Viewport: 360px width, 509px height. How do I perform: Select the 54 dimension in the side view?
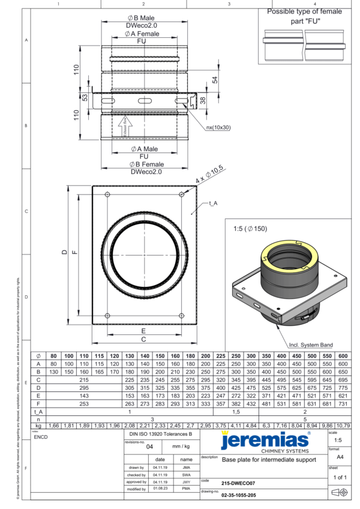click(x=214, y=79)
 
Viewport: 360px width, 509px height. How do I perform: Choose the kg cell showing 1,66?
click(x=53, y=426)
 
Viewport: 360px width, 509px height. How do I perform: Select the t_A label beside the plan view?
click(x=212, y=204)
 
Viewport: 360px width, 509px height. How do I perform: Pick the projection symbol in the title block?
click(x=338, y=492)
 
